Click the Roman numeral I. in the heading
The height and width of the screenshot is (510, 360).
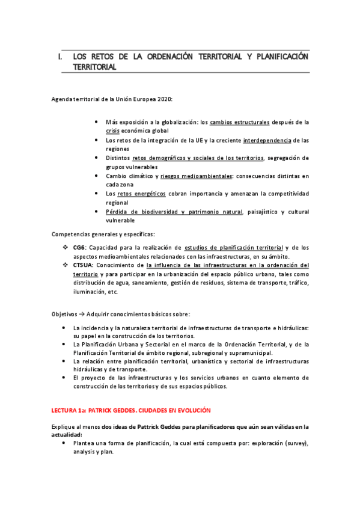tap(59, 57)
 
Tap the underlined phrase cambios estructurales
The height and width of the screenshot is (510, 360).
tap(231, 121)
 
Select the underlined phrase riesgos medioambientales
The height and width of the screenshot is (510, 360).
tap(196, 176)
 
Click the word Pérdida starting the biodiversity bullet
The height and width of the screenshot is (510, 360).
tap(118, 212)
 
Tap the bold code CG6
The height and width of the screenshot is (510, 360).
tap(79, 247)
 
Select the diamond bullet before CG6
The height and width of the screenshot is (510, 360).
tap(66, 247)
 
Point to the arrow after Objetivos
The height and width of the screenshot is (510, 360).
tap(81, 313)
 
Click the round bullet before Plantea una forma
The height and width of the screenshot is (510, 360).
tap(64, 443)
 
